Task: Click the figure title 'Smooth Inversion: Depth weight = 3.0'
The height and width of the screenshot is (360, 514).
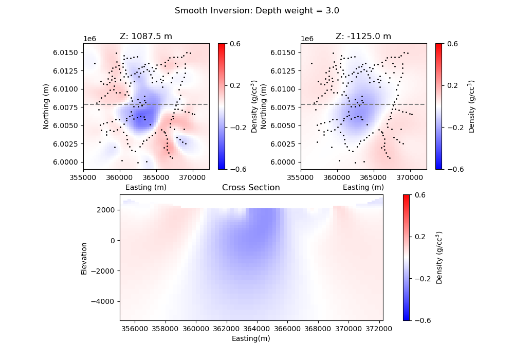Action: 256,10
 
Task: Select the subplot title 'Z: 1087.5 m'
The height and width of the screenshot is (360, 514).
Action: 146,37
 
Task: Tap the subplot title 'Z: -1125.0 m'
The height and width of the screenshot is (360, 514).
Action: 363,37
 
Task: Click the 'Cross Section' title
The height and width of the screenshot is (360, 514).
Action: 251,188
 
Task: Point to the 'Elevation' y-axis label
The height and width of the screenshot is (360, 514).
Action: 84,258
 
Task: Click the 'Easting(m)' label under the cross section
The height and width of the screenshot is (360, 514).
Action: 251,338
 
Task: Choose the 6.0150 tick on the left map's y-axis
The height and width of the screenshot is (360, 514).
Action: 68,52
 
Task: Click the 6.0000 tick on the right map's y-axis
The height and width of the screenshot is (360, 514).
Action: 285,162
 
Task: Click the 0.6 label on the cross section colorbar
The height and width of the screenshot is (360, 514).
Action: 419,195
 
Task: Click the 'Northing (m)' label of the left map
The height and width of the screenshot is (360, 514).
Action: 46,106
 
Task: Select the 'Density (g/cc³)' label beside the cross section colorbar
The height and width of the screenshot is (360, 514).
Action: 439,257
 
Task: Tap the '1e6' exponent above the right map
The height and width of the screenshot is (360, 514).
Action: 307,39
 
